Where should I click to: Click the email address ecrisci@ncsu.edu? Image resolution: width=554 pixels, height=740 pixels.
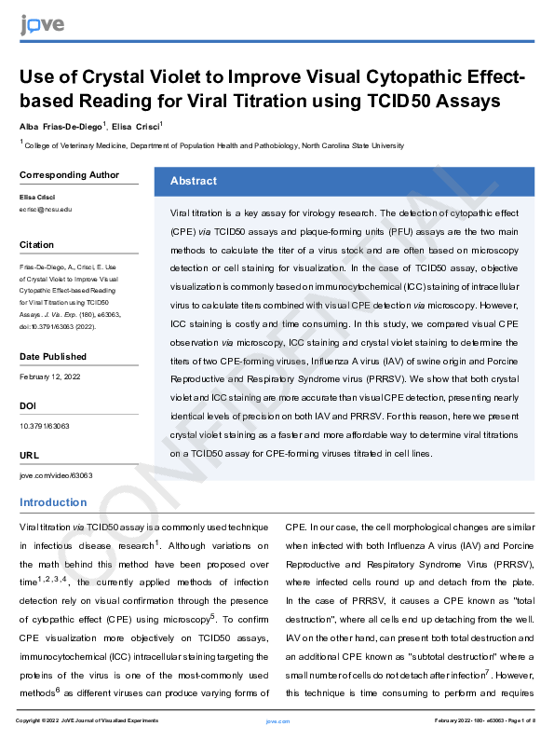pyautogui.click(x=46, y=210)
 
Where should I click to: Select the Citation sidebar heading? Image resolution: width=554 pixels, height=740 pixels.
pyautogui.click(x=36, y=245)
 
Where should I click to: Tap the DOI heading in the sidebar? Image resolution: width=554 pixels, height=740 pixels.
pyautogui.click(x=28, y=405)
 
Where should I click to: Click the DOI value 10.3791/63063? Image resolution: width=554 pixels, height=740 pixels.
pyautogui.click(x=44, y=426)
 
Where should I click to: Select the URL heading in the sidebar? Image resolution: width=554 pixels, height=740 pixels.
pyautogui.click(x=28, y=454)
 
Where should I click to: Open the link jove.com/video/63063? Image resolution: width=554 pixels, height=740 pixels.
pyautogui.click(x=56, y=474)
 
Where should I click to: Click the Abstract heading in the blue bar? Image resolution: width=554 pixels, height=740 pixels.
pyautogui.click(x=193, y=182)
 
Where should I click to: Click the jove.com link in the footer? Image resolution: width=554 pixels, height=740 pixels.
pyautogui.click(x=277, y=721)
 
